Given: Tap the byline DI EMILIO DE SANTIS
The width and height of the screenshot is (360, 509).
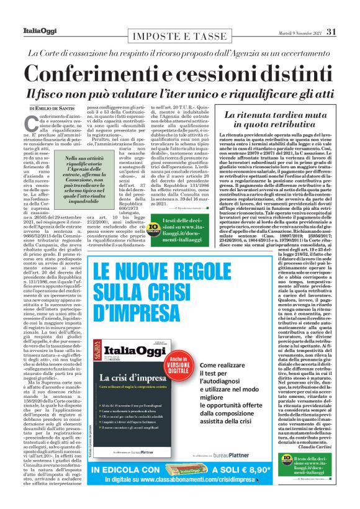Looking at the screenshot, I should coord(55,109).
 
